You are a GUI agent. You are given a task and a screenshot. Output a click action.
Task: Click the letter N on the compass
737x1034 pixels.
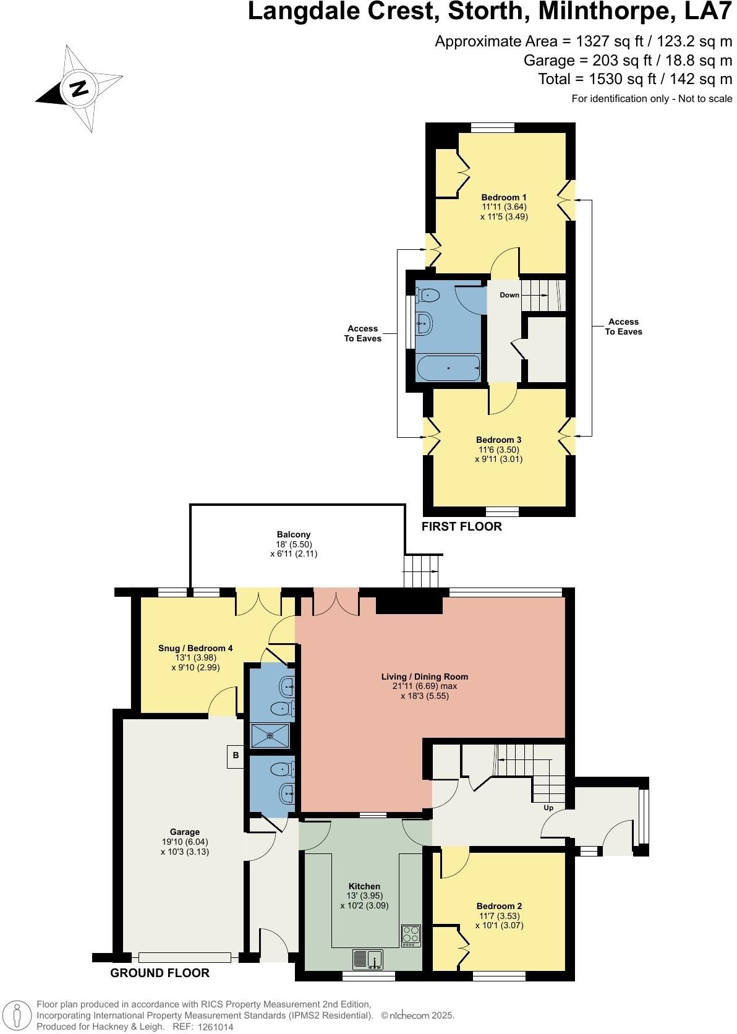pyautogui.click(x=79, y=88)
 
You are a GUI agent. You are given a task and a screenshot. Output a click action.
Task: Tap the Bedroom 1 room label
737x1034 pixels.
pyautogui.click(x=504, y=197)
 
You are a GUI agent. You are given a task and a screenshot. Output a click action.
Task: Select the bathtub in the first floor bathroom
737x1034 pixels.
pyautogui.click(x=448, y=368)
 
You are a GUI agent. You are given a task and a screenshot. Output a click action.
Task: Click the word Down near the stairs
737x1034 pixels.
pyautogui.click(x=509, y=295)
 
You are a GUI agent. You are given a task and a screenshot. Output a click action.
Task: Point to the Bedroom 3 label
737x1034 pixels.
pyautogui.click(x=498, y=440)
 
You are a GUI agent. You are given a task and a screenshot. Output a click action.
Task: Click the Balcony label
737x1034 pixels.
pyautogui.click(x=294, y=534)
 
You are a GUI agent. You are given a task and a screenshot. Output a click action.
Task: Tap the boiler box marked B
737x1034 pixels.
pyautogui.click(x=236, y=756)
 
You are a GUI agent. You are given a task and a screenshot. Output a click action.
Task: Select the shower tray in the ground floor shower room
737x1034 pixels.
pyautogui.click(x=270, y=736)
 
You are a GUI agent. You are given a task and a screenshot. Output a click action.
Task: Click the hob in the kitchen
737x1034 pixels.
pyautogui.click(x=411, y=935)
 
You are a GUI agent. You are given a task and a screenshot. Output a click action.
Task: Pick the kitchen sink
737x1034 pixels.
pyautogui.click(x=368, y=960)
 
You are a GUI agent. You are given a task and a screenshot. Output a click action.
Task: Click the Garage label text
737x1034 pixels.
pyautogui.click(x=185, y=832)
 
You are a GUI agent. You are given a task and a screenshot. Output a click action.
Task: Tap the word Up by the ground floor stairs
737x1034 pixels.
pyautogui.click(x=548, y=808)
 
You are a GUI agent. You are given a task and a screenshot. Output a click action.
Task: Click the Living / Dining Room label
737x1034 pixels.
pyautogui.click(x=425, y=677)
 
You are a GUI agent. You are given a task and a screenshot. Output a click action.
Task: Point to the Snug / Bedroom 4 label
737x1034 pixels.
pyautogui.click(x=195, y=648)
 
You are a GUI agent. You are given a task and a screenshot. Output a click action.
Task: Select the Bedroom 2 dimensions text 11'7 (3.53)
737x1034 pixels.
pyautogui.click(x=500, y=916)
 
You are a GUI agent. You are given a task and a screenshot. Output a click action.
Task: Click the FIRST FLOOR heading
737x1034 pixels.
pyautogui.click(x=462, y=526)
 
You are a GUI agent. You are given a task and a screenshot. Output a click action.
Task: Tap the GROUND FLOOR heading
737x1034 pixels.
pyautogui.click(x=160, y=973)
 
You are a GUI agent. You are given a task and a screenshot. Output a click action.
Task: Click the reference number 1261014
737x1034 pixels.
pyautogui.click(x=216, y=1027)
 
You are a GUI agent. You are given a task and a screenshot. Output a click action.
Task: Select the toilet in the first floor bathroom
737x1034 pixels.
pyautogui.click(x=428, y=296)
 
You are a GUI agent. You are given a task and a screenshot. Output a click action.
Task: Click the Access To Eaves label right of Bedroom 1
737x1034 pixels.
pyautogui.click(x=623, y=327)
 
